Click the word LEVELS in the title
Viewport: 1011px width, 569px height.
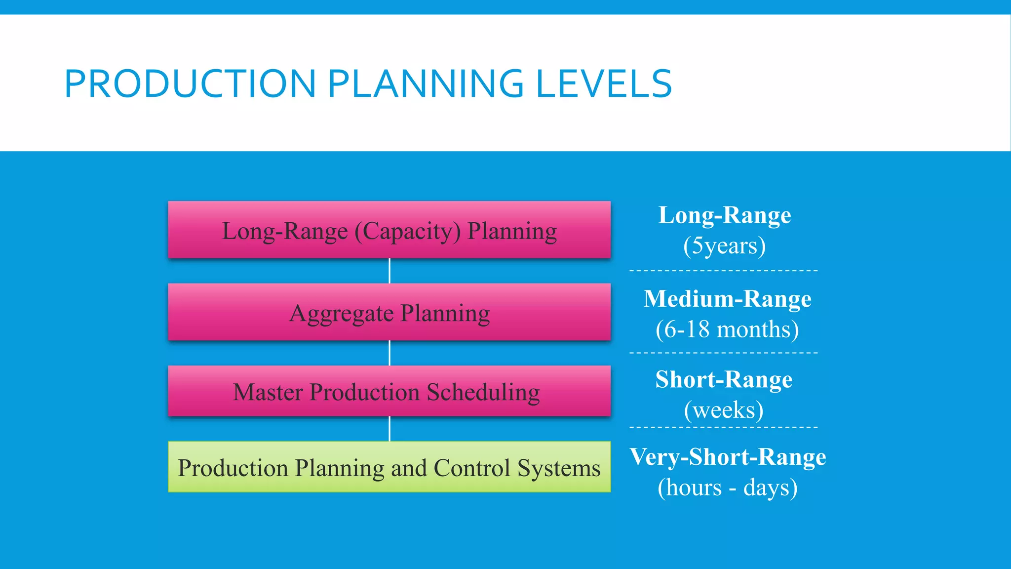click(603, 83)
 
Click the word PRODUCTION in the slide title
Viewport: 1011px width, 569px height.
click(190, 83)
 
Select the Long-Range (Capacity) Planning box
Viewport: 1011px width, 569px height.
click(389, 230)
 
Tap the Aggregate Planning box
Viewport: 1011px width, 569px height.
click(389, 313)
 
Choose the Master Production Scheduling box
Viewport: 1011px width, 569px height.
click(389, 392)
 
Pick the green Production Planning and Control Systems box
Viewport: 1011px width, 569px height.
click(389, 467)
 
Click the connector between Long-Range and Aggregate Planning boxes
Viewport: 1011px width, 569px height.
click(389, 271)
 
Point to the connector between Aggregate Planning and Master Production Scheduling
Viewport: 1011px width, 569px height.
click(389, 353)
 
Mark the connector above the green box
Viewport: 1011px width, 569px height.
click(389, 428)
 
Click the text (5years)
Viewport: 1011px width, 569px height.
click(724, 245)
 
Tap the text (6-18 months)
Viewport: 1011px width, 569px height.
click(727, 329)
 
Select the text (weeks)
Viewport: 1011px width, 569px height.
click(724, 410)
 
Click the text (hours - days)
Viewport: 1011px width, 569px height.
click(727, 488)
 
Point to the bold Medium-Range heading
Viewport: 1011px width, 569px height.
click(727, 299)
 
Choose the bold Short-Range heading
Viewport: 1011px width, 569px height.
click(724, 379)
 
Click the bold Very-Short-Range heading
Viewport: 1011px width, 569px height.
click(728, 457)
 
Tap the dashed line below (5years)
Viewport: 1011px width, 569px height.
click(724, 271)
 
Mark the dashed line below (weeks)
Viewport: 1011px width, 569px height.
click(724, 427)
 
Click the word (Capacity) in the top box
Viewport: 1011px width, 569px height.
click(408, 231)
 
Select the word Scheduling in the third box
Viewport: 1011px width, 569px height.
click(483, 393)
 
